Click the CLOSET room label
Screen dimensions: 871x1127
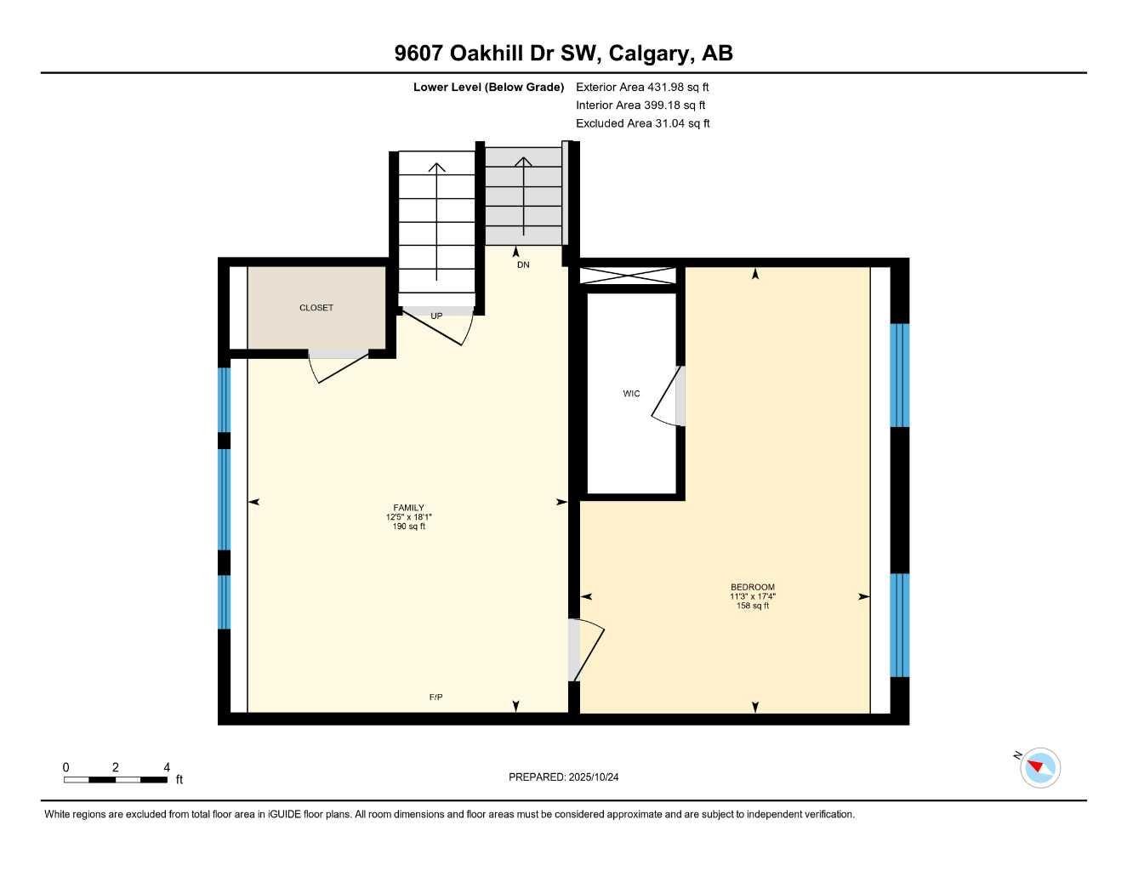click(x=316, y=308)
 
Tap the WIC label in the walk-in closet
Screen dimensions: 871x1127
click(x=631, y=394)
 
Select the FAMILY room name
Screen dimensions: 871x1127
click(x=408, y=508)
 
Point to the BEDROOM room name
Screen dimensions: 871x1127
click(x=753, y=587)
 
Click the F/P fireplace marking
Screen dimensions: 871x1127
click(x=435, y=697)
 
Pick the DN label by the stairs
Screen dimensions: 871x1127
click(x=523, y=265)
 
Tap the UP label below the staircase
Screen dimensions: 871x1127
click(x=436, y=316)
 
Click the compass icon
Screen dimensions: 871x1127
click(x=1039, y=768)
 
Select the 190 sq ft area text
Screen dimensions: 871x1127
click(x=408, y=527)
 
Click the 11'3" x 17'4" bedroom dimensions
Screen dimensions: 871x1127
click(x=753, y=596)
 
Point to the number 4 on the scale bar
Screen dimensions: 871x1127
click(x=167, y=767)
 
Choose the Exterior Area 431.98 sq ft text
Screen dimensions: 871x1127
click(x=642, y=87)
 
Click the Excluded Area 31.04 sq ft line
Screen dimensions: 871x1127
click(x=643, y=123)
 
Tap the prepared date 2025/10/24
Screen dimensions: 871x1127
click(x=600, y=777)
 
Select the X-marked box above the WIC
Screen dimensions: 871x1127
click(x=628, y=276)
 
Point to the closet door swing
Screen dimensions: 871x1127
click(x=339, y=366)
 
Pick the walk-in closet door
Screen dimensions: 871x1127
click(x=669, y=397)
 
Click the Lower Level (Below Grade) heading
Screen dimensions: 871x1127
click(x=488, y=87)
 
